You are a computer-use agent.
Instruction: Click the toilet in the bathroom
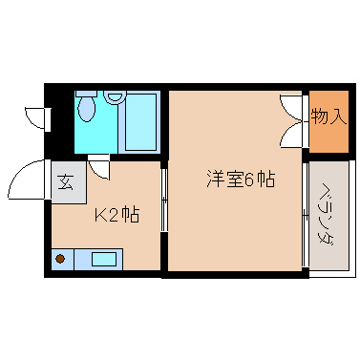click(x=87, y=110)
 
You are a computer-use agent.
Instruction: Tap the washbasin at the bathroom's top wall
click(x=116, y=95)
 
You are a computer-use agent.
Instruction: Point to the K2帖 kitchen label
click(x=116, y=215)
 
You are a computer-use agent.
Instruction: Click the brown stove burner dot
click(x=60, y=258)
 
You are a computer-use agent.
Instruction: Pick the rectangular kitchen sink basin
click(x=103, y=258)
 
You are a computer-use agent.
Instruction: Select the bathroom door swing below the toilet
click(x=99, y=168)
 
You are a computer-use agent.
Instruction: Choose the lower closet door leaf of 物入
click(x=292, y=135)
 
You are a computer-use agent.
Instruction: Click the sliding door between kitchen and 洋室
click(x=165, y=201)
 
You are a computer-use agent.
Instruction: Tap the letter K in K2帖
click(x=98, y=215)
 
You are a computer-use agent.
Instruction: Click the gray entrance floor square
click(x=67, y=181)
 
